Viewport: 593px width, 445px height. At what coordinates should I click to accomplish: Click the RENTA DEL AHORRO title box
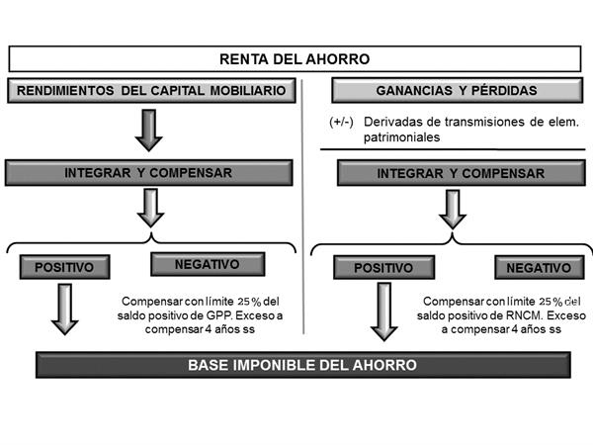click(295, 59)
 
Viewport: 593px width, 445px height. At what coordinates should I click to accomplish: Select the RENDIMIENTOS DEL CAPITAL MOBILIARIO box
click(151, 90)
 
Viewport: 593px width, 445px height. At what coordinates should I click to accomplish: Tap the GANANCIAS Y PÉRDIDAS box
click(458, 90)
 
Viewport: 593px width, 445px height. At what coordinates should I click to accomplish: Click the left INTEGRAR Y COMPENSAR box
click(148, 173)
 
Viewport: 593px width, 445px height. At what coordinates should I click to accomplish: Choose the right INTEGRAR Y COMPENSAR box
click(461, 173)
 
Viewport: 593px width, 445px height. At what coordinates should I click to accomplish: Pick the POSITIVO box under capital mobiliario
click(64, 267)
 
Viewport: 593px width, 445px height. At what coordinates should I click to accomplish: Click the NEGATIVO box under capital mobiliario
click(208, 264)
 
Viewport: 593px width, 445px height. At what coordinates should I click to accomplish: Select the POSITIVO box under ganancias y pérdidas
click(383, 268)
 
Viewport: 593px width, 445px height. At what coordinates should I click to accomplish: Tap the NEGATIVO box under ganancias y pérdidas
click(540, 268)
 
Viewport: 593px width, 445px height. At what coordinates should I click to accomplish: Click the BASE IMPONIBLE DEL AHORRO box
click(303, 365)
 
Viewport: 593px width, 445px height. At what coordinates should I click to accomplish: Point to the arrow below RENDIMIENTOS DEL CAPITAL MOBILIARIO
click(149, 131)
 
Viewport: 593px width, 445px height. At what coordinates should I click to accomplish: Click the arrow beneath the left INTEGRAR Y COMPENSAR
click(150, 208)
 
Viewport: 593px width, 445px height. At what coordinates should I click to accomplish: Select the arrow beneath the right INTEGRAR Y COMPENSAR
click(453, 210)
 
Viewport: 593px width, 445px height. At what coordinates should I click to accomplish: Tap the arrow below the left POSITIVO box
click(64, 310)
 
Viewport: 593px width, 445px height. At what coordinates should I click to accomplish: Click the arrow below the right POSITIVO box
click(384, 311)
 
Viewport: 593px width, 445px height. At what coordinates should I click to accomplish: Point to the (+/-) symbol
click(341, 122)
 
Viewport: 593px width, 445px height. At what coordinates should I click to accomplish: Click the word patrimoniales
click(401, 137)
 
